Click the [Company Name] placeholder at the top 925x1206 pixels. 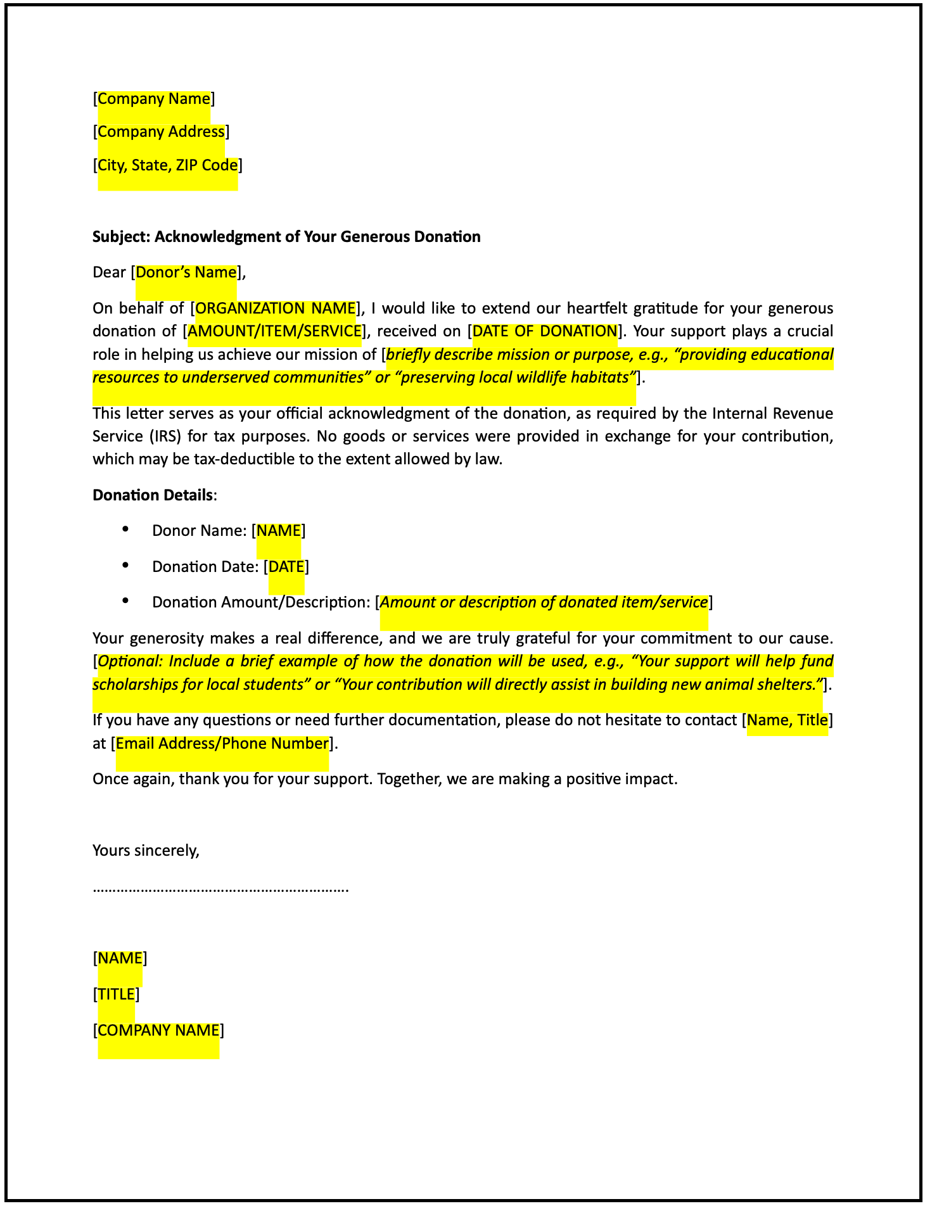[153, 99]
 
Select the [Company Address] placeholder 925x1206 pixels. [161, 132]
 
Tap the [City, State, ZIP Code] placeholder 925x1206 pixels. [167, 165]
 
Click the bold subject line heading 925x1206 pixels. [286, 237]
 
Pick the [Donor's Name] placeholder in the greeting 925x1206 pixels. [186, 272]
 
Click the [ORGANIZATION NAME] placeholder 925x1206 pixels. [275, 308]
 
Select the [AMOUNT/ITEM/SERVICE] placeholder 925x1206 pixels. [274, 331]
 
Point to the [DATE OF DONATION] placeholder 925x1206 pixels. [544, 331]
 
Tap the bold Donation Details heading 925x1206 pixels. [153, 495]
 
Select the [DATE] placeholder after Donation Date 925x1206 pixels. [286, 566]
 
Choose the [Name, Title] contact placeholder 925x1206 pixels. [787, 720]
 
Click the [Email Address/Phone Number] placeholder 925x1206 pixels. [222, 743]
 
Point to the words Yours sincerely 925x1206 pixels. [146, 850]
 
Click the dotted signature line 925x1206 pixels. [220, 889]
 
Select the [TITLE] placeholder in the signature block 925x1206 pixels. [116, 994]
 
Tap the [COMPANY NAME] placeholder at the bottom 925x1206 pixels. [158, 1030]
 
